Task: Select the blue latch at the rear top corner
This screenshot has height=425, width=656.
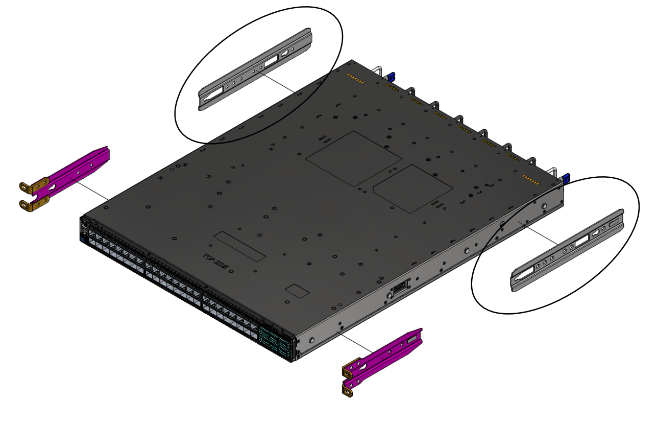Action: coord(392,77)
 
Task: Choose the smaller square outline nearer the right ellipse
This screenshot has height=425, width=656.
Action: coord(412,189)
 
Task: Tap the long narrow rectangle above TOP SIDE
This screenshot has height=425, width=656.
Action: coord(240,246)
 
